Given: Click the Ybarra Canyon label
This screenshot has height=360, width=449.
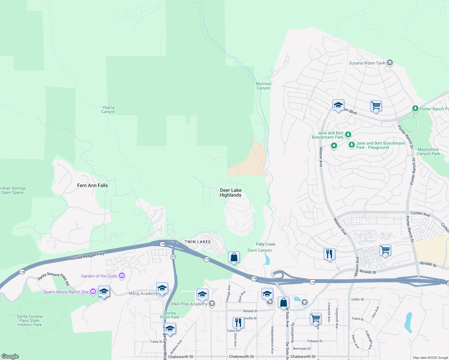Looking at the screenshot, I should point(108,109).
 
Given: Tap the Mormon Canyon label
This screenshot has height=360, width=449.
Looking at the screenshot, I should point(264,86).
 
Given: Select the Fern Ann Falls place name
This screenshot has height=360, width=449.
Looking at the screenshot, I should point(92,185).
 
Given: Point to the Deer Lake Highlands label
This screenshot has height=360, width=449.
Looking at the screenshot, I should point(231,193).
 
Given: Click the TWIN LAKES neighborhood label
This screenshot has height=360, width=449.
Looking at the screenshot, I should point(197,242).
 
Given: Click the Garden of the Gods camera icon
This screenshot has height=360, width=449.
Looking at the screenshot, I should point(122,276).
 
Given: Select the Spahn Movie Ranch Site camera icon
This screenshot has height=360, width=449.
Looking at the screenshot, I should point(93,292).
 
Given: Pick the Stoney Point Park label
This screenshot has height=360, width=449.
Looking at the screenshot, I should point(170,315).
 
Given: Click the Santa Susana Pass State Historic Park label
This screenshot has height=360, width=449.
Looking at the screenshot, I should point(30,320).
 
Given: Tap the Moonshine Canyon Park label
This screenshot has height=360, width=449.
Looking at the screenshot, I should point(428,151).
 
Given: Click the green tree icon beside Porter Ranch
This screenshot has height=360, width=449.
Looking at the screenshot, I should point(415,109).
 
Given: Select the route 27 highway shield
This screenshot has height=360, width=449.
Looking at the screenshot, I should point(173,257).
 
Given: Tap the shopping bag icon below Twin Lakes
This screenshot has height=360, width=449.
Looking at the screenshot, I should point(234,257).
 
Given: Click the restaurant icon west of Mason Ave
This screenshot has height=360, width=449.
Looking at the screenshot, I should point(329,254).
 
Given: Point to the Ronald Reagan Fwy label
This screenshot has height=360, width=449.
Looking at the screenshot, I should point(87,256).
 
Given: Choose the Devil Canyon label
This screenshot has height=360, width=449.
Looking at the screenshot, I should point(260,250).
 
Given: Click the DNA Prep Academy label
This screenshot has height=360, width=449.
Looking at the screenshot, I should point(189,304).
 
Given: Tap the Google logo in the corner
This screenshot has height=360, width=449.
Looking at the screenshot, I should point(10,356).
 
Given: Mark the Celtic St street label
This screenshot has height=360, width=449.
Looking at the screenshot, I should point(357,299).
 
